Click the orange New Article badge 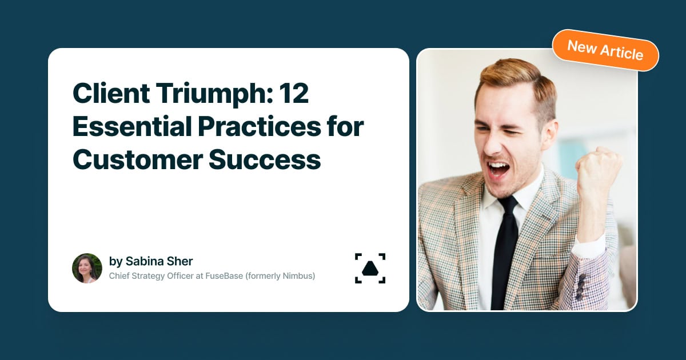tap(605, 50)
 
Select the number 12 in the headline tap(294, 94)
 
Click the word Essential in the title tap(130, 127)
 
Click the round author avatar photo tap(87, 268)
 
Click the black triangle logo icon tap(370, 268)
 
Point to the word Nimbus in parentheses tap(297, 276)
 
